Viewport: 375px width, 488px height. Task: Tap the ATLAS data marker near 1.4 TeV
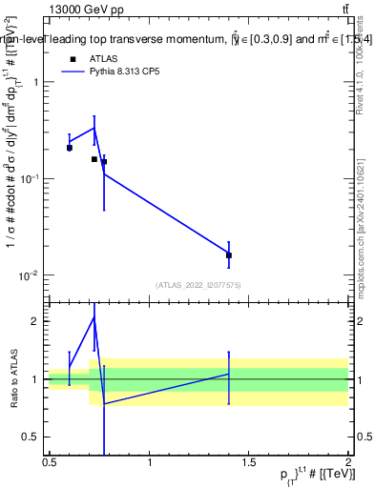tap(229, 254)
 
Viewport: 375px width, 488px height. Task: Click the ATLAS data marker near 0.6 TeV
tap(69, 148)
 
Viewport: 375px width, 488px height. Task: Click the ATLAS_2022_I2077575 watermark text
tap(198, 284)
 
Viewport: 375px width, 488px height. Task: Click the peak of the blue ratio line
tap(94, 316)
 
